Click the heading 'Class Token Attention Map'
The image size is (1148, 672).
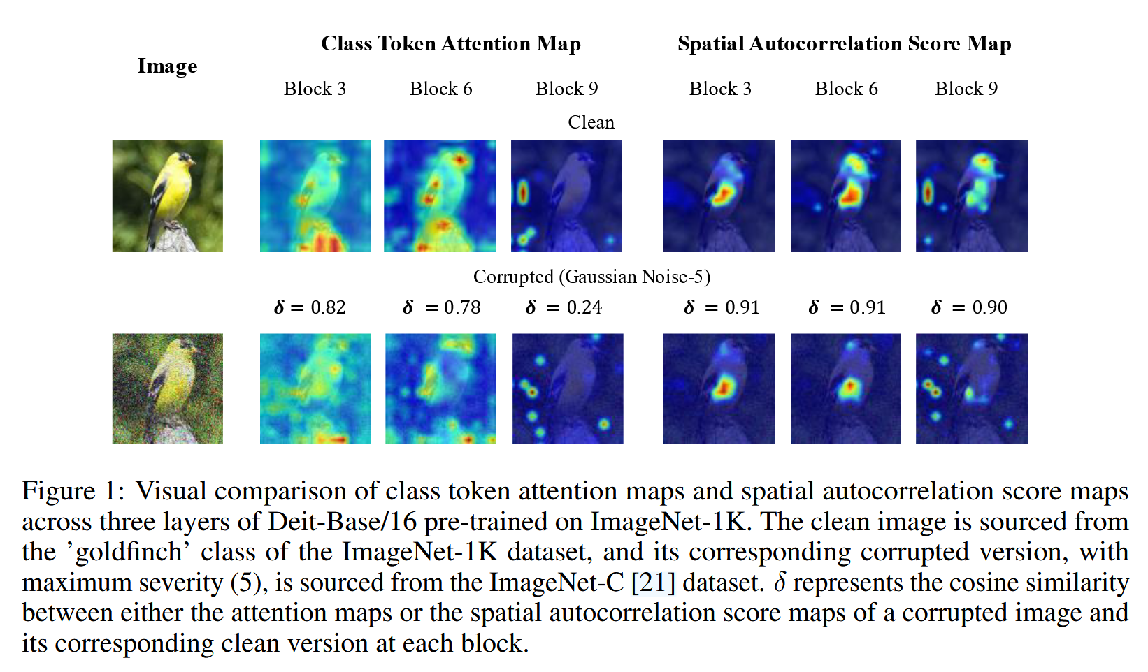pyautogui.click(x=450, y=44)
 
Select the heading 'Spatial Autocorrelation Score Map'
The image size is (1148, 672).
pyautogui.click(x=844, y=44)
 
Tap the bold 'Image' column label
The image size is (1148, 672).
pyautogui.click(x=167, y=66)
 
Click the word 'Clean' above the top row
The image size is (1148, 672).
pyautogui.click(x=591, y=122)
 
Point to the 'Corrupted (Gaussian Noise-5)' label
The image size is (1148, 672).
pyautogui.click(x=591, y=277)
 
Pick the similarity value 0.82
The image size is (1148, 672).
pyautogui.click(x=328, y=307)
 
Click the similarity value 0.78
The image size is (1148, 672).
pyautogui.click(x=462, y=307)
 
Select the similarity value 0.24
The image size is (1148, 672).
pyautogui.click(x=584, y=307)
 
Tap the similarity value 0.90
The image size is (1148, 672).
pyautogui.click(x=989, y=307)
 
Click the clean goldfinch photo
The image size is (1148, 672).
pyautogui.click(x=168, y=196)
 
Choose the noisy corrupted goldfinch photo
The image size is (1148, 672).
pyautogui.click(x=168, y=388)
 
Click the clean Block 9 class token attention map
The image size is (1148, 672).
pyautogui.click(x=566, y=196)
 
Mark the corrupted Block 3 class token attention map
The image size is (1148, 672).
pyautogui.click(x=315, y=388)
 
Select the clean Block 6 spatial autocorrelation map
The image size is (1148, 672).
pyautogui.click(x=846, y=196)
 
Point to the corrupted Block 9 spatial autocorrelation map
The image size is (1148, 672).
pyautogui.click(x=972, y=388)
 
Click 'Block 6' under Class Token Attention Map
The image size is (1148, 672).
pyautogui.click(x=440, y=89)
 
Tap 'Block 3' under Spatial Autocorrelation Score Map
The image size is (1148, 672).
pyautogui.click(x=720, y=89)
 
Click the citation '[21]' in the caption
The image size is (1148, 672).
pyautogui.click(x=653, y=583)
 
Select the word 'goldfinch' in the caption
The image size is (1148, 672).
pyautogui.click(x=131, y=553)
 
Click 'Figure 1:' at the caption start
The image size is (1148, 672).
pyautogui.click(x=73, y=491)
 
